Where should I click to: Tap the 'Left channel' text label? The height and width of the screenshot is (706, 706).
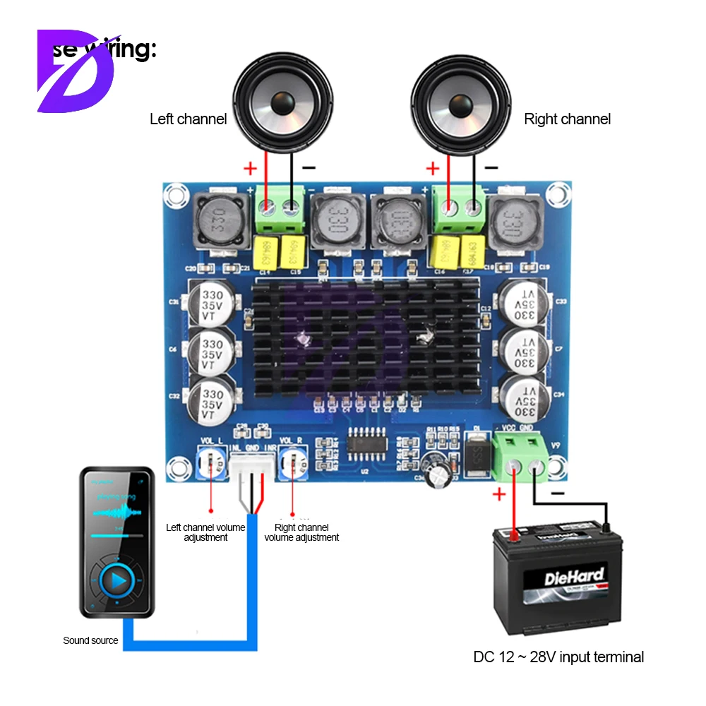pos(188,119)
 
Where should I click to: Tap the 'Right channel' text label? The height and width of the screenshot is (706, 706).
pos(567,119)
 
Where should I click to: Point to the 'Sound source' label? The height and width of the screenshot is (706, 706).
pos(90,640)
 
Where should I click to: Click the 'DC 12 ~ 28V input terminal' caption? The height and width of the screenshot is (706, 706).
pos(558,657)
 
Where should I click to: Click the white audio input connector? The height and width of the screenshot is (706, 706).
pos(251,467)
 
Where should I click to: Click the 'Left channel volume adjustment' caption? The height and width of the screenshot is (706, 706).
pos(205,532)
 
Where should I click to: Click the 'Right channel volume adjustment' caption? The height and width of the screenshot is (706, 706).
pos(301,532)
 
